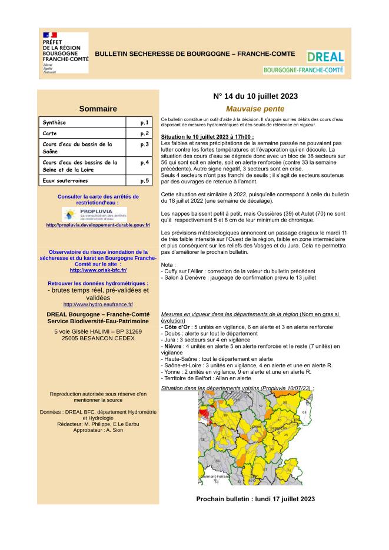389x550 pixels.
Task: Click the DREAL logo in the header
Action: click(325, 56)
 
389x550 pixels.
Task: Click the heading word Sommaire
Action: click(98, 109)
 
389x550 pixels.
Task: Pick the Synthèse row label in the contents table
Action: click(55, 122)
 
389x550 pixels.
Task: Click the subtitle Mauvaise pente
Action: click(255, 109)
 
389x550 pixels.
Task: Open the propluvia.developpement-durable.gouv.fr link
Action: click(98, 225)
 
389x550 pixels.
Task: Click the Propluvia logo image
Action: click(94, 213)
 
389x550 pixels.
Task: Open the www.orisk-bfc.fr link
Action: click(98, 270)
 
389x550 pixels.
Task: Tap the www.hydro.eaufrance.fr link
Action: click(98, 304)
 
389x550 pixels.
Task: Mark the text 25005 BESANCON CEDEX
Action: click(98, 339)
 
